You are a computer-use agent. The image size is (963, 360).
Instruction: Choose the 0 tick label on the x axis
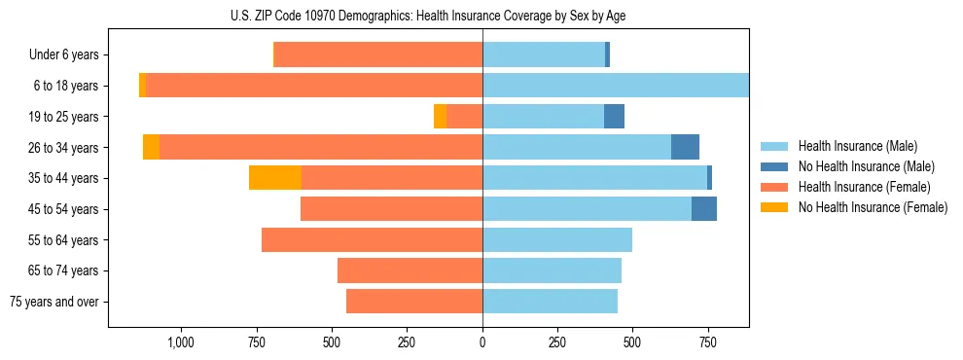click(x=482, y=342)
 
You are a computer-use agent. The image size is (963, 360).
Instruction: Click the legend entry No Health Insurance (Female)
click(x=873, y=207)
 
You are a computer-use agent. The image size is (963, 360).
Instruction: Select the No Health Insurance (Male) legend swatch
click(x=775, y=166)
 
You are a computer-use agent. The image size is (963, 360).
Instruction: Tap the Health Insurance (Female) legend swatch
click(x=775, y=187)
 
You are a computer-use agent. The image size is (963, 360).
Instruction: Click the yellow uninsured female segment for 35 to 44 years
click(x=275, y=178)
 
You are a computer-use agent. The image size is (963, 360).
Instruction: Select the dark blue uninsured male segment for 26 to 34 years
click(x=685, y=147)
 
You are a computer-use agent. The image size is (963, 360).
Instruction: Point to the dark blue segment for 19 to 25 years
click(x=614, y=117)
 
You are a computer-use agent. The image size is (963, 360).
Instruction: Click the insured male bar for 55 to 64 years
click(x=557, y=239)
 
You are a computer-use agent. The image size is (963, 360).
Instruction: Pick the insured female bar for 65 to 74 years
click(x=410, y=270)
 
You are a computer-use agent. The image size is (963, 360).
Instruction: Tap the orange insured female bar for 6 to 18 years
click(x=314, y=86)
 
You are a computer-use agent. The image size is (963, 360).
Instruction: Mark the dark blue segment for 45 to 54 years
click(x=704, y=209)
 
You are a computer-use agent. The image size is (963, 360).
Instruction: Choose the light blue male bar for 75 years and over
click(x=550, y=302)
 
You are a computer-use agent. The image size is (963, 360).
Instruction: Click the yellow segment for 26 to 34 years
click(x=151, y=147)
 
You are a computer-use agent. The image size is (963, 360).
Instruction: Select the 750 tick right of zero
click(x=708, y=342)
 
